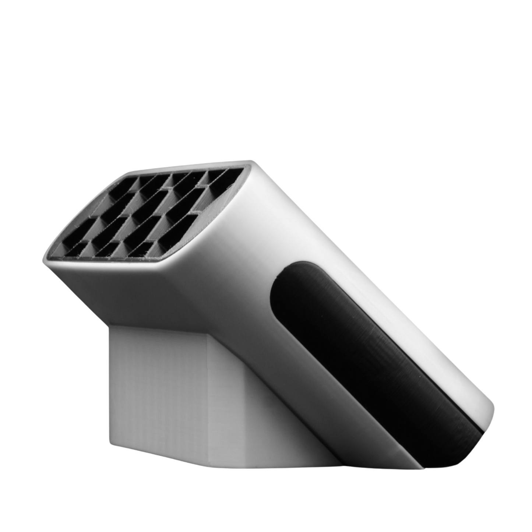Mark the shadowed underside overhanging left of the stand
tap(85, 291)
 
